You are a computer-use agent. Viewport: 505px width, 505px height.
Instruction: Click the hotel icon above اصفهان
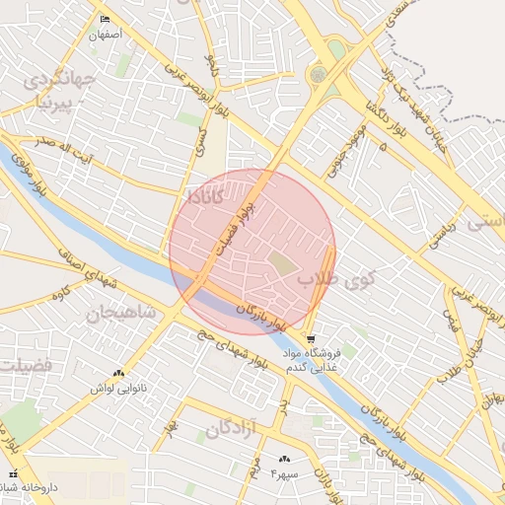(106, 20)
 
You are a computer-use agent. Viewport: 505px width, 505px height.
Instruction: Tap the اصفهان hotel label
(106, 35)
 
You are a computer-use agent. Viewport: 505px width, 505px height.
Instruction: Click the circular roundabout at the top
(318, 74)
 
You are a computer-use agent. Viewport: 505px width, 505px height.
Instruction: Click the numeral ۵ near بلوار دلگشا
(383, 146)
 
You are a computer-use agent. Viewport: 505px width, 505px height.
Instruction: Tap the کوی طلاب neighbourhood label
(336, 278)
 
